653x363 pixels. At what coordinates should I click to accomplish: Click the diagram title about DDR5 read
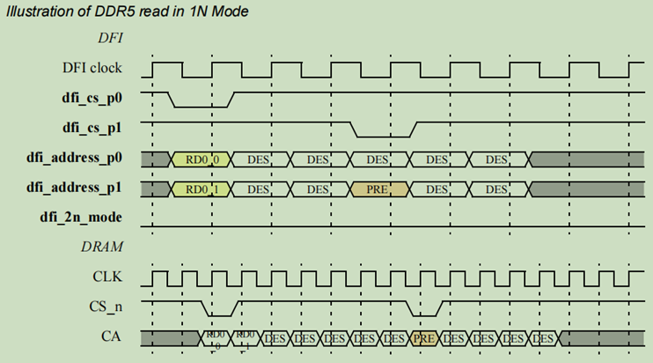127,11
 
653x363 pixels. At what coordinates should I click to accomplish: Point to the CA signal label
111,337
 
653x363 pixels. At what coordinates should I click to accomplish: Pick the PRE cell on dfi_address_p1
378,189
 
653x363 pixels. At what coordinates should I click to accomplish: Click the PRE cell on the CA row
424,337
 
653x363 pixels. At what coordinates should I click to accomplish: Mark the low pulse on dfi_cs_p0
200,107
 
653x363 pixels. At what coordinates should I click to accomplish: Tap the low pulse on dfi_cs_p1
383,136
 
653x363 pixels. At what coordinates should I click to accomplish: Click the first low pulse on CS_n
218,315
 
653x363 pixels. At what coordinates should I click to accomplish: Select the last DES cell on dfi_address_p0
497,159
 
